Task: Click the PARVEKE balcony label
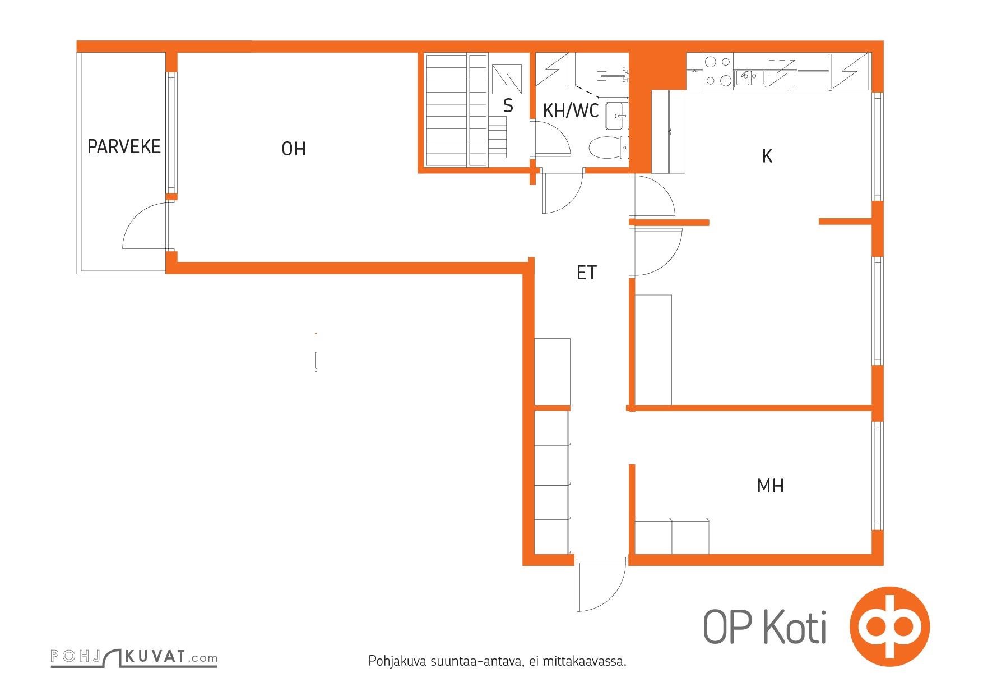[x=124, y=147]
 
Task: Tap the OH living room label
[x=294, y=149]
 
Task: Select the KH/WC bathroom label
[x=571, y=111]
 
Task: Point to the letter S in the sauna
[x=508, y=105]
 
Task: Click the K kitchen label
[x=767, y=156]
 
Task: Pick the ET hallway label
[x=587, y=273]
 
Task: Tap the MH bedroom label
[x=770, y=486]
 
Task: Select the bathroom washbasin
[x=617, y=116]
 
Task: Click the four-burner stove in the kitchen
[x=717, y=71]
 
